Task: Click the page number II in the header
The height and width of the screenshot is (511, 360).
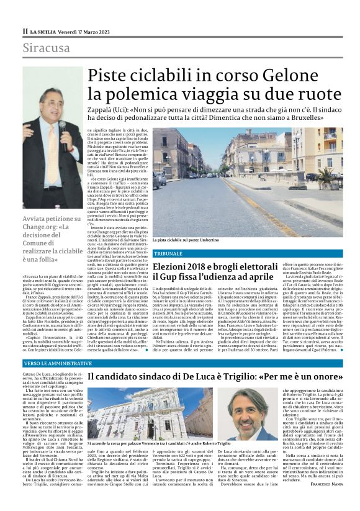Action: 25,31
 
